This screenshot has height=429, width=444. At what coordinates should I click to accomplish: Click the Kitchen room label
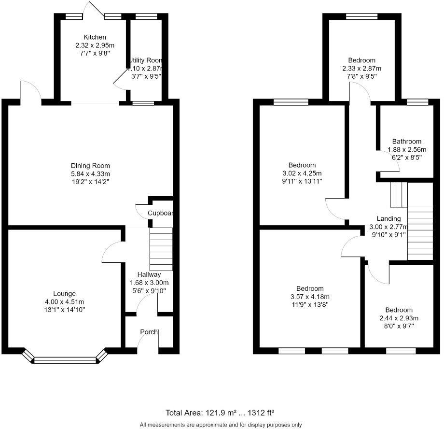click(95, 37)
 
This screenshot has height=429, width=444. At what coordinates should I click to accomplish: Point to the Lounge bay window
click(65, 359)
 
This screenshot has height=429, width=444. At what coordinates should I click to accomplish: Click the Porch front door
click(147, 341)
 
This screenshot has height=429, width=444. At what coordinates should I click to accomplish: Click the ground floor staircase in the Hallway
click(161, 249)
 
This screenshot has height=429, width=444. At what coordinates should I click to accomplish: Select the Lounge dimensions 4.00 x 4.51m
click(64, 301)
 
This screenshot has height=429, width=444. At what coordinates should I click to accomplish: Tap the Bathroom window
click(417, 102)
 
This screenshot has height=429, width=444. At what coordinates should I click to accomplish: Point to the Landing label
click(388, 218)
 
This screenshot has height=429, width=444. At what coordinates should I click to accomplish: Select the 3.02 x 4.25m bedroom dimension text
click(302, 173)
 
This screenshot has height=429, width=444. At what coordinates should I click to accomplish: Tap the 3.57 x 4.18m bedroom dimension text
click(310, 297)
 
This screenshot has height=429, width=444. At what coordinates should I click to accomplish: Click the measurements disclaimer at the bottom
click(221, 425)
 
